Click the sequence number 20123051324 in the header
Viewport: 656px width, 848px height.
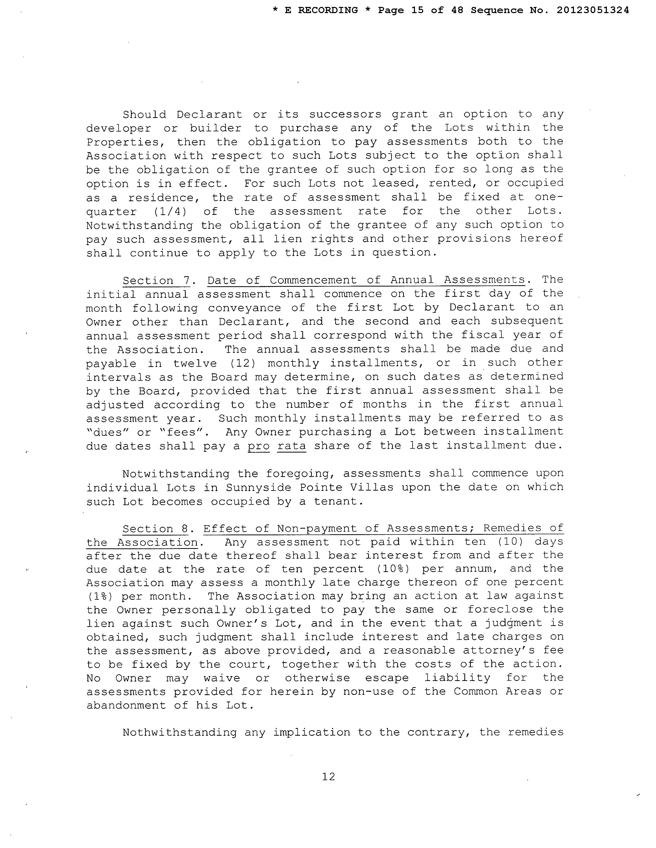(593, 11)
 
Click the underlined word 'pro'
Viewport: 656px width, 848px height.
(259, 446)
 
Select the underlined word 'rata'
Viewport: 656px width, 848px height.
(291, 446)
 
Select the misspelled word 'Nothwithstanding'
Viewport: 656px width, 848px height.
(180, 733)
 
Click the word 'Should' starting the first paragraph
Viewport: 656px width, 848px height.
(144, 115)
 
